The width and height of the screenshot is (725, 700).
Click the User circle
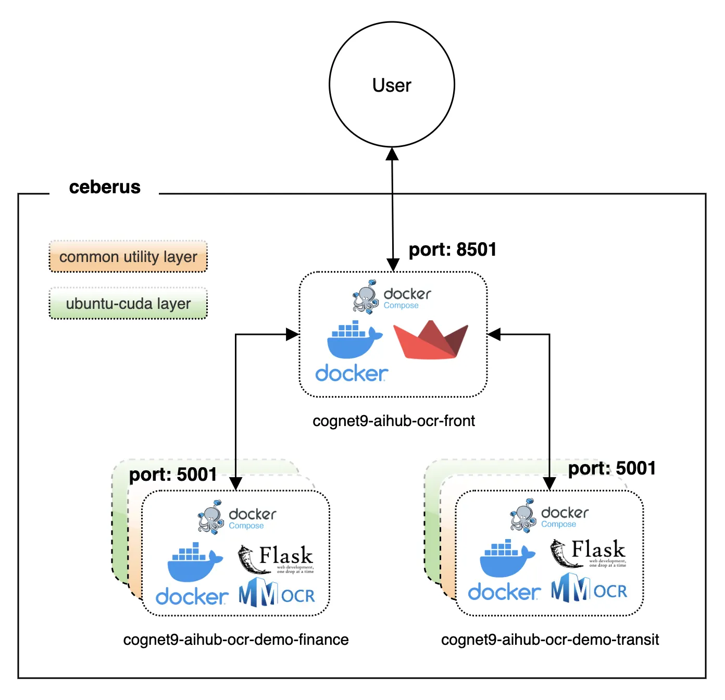click(x=392, y=84)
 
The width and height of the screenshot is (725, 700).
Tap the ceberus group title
click(x=105, y=187)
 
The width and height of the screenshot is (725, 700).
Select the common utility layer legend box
click(x=128, y=256)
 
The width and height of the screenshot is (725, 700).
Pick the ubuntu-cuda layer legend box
click(x=128, y=303)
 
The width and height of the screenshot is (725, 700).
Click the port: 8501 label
click(x=452, y=249)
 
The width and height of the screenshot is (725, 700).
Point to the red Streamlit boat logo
click(x=431, y=340)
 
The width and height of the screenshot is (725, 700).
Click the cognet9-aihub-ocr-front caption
click(x=394, y=421)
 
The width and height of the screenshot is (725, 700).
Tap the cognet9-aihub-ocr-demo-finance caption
click(x=236, y=640)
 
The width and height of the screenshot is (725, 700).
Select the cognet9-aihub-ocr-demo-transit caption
click(x=550, y=640)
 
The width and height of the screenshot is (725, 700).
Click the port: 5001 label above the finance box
click(x=173, y=474)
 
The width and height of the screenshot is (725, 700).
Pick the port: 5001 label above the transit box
click(x=611, y=468)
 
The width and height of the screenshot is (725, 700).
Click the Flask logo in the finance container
click(x=276, y=559)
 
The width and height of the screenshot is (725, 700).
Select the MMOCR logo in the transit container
click(x=589, y=589)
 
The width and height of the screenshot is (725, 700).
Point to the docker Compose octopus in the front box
click(x=366, y=297)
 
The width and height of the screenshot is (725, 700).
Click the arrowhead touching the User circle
click(x=392, y=154)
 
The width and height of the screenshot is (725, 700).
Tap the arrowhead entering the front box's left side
click(x=293, y=334)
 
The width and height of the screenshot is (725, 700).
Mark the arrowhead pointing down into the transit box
click(x=549, y=484)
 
